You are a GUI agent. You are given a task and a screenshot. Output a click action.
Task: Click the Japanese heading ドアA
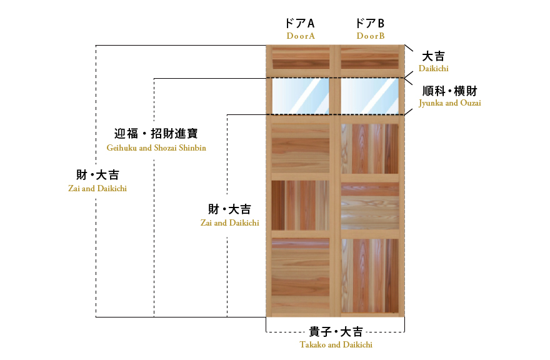click(300, 23)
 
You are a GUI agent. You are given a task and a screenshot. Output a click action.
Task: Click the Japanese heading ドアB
click(370, 23)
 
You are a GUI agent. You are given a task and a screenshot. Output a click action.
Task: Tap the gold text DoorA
click(301, 36)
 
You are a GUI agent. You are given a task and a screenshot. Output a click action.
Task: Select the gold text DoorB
click(371, 36)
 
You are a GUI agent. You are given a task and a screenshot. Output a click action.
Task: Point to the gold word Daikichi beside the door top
click(433, 68)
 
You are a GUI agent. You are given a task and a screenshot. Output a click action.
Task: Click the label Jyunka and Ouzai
click(449, 103)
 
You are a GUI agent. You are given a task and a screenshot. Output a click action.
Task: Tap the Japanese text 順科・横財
click(449, 91)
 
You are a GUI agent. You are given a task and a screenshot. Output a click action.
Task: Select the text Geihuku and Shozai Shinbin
click(156, 147)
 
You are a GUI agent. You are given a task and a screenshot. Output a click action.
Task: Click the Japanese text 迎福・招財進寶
click(156, 133)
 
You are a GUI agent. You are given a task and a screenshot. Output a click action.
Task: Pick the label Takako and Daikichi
click(336, 344)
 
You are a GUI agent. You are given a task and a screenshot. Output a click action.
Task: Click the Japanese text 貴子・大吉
click(336, 332)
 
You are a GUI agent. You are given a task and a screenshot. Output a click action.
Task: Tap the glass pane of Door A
click(301, 96)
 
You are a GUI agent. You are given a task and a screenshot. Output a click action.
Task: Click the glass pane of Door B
click(370, 96)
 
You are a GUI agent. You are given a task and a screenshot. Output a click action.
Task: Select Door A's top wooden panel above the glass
click(301, 58)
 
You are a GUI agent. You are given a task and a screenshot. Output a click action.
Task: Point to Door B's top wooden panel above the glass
click(370, 58)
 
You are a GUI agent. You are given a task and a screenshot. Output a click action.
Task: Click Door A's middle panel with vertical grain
click(301, 205)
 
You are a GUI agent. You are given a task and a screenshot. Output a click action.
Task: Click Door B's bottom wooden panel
click(370, 276)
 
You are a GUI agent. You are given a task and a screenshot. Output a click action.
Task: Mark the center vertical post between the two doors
click(336, 181)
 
